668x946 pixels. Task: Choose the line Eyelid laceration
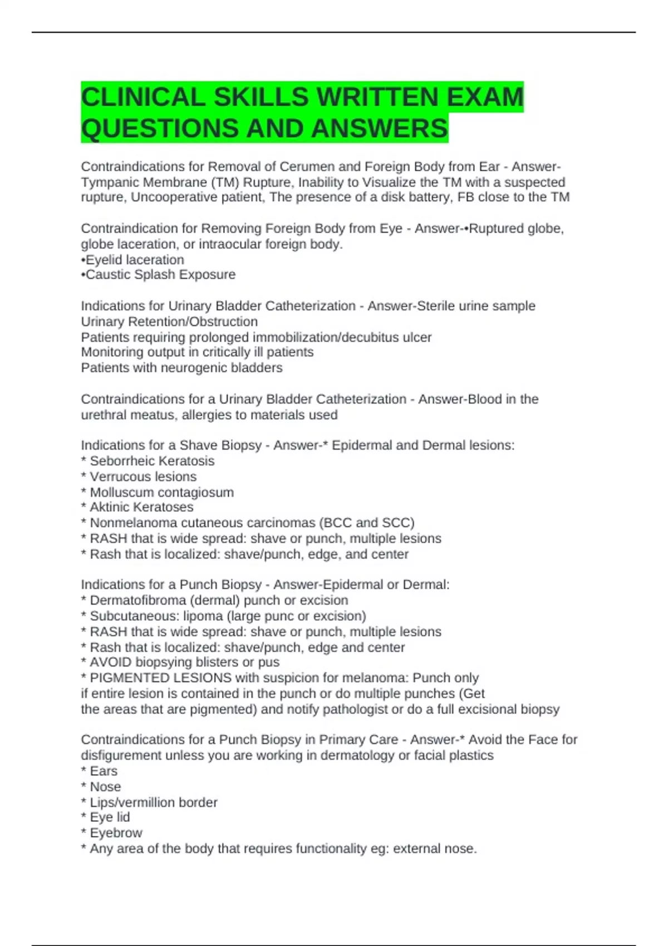(x=134, y=260)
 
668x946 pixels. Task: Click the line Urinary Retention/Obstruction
(x=169, y=322)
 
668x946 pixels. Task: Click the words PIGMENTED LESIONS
(x=160, y=678)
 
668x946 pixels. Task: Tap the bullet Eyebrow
(x=116, y=833)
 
